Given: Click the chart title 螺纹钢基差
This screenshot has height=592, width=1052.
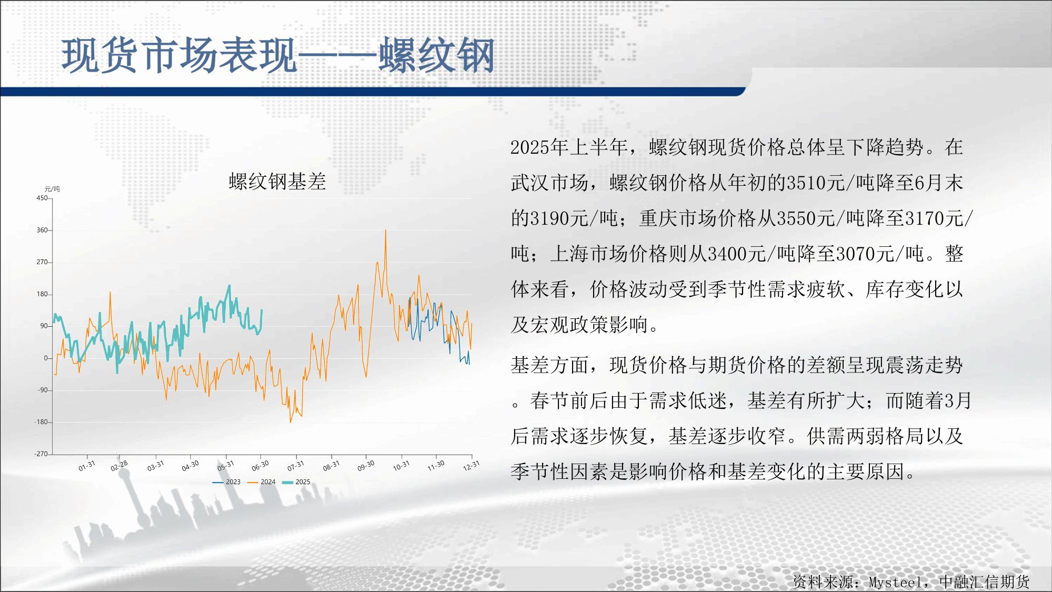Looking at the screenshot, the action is pyautogui.click(x=277, y=182).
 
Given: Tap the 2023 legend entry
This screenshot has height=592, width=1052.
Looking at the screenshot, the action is pyautogui.click(x=226, y=482).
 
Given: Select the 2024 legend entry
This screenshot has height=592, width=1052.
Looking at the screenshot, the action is pyautogui.click(x=262, y=482).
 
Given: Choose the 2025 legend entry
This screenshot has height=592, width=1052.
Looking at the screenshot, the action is pyautogui.click(x=296, y=482).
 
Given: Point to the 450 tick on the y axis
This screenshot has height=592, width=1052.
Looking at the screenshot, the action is pyautogui.click(x=42, y=198).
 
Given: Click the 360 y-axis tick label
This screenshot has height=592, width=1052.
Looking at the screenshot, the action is pyautogui.click(x=42, y=230).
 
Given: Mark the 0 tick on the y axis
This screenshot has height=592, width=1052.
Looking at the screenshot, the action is pyautogui.click(x=45, y=358).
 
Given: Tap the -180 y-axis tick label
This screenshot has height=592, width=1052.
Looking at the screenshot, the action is pyautogui.click(x=41, y=422).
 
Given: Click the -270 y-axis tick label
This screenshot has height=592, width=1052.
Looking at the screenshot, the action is pyautogui.click(x=41, y=454).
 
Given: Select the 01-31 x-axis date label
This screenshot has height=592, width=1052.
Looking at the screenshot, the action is pyautogui.click(x=87, y=466).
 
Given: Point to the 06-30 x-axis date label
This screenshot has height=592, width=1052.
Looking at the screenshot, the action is pyautogui.click(x=260, y=466).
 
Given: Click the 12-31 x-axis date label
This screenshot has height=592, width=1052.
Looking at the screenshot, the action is pyautogui.click(x=471, y=466).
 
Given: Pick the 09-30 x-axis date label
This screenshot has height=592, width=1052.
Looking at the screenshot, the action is pyautogui.click(x=366, y=466).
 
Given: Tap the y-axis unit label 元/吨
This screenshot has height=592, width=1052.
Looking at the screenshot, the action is pyautogui.click(x=52, y=189).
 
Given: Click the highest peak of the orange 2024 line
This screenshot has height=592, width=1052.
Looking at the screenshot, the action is pyautogui.click(x=385, y=230).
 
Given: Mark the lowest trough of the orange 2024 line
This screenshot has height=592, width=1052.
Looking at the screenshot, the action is pyautogui.click(x=290, y=422).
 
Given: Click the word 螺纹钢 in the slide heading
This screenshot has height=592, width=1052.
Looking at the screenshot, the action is pyautogui.click(x=437, y=55).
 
